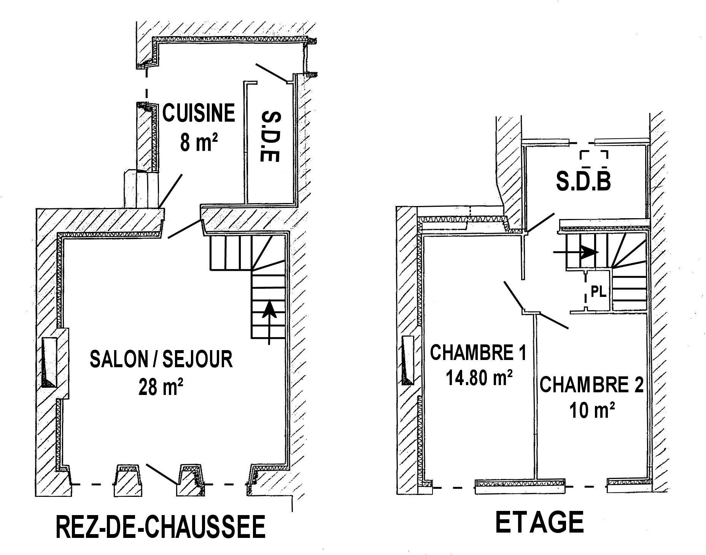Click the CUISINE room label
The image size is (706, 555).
[199, 113]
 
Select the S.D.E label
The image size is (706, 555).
[271, 136]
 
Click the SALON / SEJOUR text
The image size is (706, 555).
[161, 359]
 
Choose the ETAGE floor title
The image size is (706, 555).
[539, 522]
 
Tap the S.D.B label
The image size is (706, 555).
[583, 182]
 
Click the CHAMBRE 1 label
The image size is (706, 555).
[478, 352]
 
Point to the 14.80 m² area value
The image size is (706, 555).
[479, 378]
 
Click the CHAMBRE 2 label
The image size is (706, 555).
[592, 385]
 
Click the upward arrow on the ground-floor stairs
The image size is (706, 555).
[270, 323]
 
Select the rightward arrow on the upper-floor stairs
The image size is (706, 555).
[576, 252]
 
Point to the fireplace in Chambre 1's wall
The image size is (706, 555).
[408, 360]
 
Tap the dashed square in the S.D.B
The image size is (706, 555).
[593, 159]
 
